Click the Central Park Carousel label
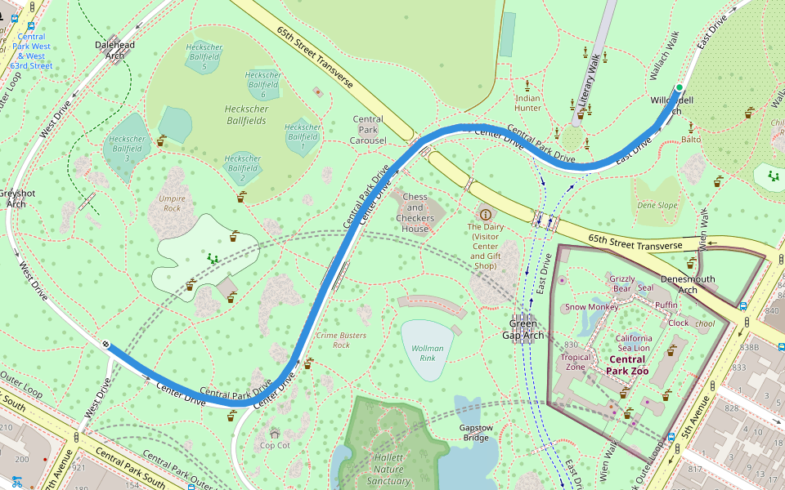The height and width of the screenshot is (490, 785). pyautogui.click(x=369, y=130)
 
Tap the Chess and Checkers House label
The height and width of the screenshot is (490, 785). pyautogui.click(x=415, y=212)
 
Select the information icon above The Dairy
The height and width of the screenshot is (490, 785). pyautogui.click(x=486, y=214)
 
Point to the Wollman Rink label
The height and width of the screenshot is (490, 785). pyautogui.click(x=427, y=354)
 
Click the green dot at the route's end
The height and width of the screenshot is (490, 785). pyautogui.click(x=679, y=87)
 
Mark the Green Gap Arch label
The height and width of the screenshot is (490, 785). pyautogui.click(x=521, y=329)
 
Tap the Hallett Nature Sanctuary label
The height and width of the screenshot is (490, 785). pyautogui.click(x=389, y=470)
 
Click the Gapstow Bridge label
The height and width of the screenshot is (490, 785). pyautogui.click(x=475, y=433)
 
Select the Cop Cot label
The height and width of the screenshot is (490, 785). pyautogui.click(x=275, y=445)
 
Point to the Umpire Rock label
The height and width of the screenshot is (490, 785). pyautogui.click(x=173, y=203)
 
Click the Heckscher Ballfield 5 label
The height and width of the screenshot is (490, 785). pyautogui.click(x=204, y=57)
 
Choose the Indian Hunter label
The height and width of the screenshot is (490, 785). pyautogui.click(x=527, y=103)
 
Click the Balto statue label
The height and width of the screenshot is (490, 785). pyautogui.click(x=691, y=140)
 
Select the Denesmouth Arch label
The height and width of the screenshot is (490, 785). pyautogui.click(x=688, y=284)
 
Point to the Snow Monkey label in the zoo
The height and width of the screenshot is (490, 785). pyautogui.click(x=591, y=307)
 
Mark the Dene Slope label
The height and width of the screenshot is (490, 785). pyautogui.click(x=657, y=206)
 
